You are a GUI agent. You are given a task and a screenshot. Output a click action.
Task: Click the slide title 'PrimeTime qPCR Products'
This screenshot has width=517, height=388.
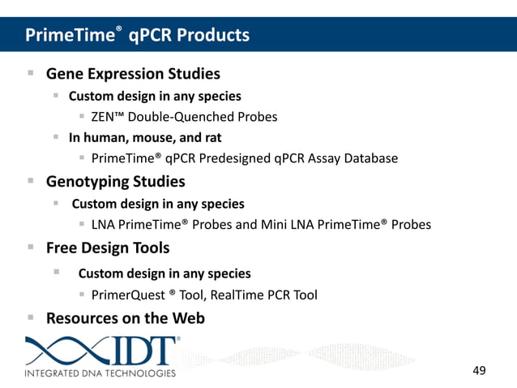[x=137, y=35]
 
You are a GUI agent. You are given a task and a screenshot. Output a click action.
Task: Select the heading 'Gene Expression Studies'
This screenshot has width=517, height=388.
[x=133, y=74]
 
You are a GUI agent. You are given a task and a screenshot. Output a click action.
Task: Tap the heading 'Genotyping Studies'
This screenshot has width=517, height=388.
[x=115, y=181]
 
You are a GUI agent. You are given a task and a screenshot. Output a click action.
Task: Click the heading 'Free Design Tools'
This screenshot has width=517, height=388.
[x=109, y=248]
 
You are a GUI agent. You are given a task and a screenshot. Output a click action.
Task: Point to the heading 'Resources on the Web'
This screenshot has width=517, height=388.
[x=126, y=318]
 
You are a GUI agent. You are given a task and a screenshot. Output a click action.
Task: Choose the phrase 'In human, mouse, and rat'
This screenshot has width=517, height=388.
[x=145, y=137]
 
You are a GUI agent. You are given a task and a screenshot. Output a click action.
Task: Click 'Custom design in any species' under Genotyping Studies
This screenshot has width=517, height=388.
[x=158, y=204]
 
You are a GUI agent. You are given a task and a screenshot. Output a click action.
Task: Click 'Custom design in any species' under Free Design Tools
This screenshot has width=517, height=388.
[x=164, y=274]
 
